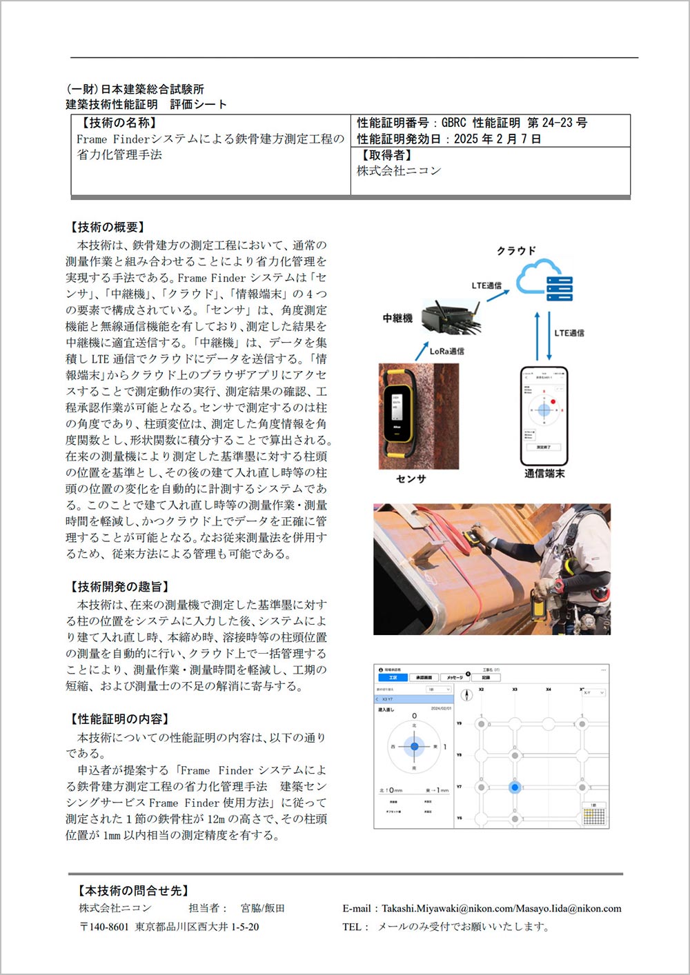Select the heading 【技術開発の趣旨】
117,587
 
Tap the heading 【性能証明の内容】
117,719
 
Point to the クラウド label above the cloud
516,250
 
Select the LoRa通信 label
446,351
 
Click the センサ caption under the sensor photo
411,479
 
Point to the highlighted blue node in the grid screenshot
515,787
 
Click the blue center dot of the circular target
415,746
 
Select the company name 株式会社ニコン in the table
399,170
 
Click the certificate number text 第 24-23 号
557,123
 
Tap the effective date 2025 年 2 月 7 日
497,139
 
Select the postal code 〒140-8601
104,927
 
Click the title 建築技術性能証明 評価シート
146,104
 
